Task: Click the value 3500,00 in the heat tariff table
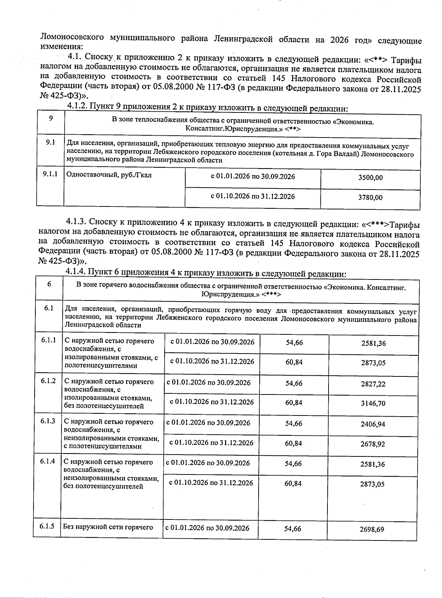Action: pyautogui.click(x=370, y=178)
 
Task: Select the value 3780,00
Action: pyautogui.click(x=370, y=198)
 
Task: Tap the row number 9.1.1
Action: pyautogui.click(x=50, y=174)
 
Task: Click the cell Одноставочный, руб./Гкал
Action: pyautogui.click(x=109, y=175)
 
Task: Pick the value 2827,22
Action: pyautogui.click(x=373, y=384)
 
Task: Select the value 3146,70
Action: pyautogui.click(x=373, y=403)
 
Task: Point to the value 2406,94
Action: pyautogui.click(x=373, y=424)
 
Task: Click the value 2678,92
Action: pyautogui.click(x=373, y=444)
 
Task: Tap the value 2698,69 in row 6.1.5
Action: pyautogui.click(x=372, y=529)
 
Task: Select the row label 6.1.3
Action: pyautogui.click(x=48, y=421)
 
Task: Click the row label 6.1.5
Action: pyautogui.click(x=47, y=526)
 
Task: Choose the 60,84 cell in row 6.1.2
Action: pyautogui.click(x=294, y=403)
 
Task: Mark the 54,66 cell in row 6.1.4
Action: pyautogui.click(x=293, y=463)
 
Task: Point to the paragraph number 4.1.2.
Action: pyautogui.click(x=77, y=107)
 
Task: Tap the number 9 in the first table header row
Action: pyautogui.click(x=50, y=118)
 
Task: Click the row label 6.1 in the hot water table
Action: pyautogui.click(x=49, y=308)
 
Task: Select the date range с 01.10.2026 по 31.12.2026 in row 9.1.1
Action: pyautogui.click(x=253, y=197)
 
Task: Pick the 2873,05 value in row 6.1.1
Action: pyautogui.click(x=373, y=363)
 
